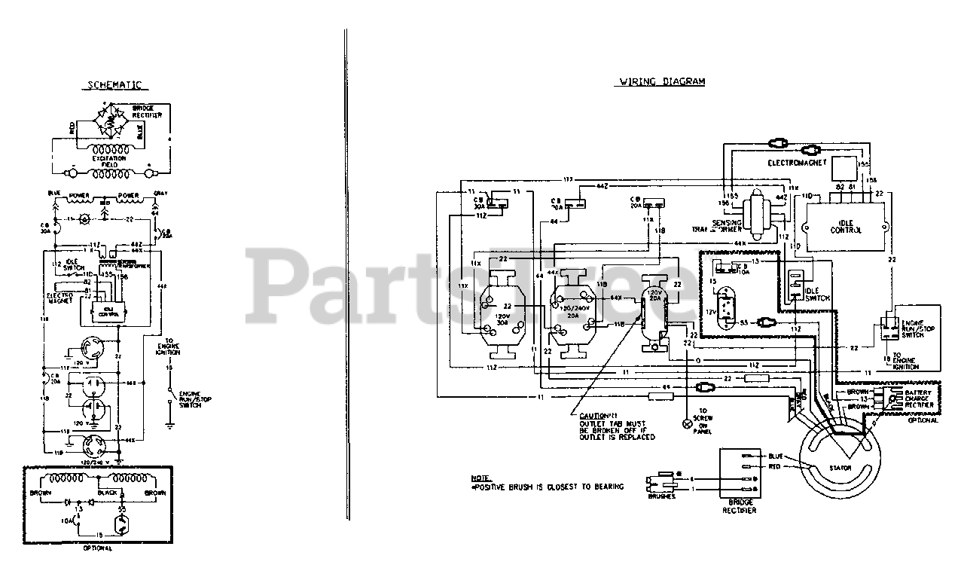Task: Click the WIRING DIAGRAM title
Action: tap(662, 81)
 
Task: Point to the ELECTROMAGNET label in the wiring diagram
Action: tap(797, 162)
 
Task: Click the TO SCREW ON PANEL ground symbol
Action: tap(686, 425)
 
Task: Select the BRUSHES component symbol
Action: tap(660, 484)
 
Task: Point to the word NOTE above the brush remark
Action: tap(480, 478)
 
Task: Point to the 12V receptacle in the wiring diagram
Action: tap(726, 310)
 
